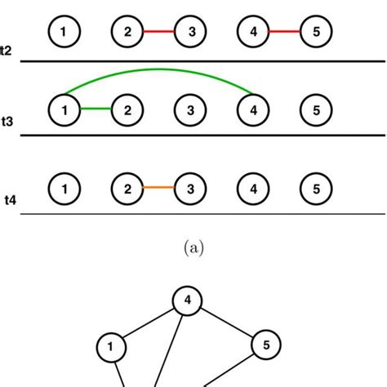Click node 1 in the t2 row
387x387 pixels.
[x=64, y=32]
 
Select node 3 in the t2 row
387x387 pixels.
[x=192, y=32]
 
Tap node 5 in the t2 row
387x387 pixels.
[x=314, y=32]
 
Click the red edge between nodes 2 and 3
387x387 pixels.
[x=160, y=32]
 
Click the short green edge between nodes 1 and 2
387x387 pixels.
[x=95, y=108]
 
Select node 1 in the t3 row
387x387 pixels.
[x=64, y=108]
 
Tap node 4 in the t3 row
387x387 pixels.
[x=253, y=108]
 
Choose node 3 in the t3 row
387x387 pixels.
[x=192, y=108]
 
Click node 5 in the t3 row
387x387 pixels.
[x=314, y=108]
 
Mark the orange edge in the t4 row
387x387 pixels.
[x=160, y=189]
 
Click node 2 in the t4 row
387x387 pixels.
[x=127, y=189]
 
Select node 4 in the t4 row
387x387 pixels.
[x=253, y=189]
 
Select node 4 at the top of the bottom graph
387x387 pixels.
[x=188, y=300]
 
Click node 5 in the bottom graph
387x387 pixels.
[x=265, y=343]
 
